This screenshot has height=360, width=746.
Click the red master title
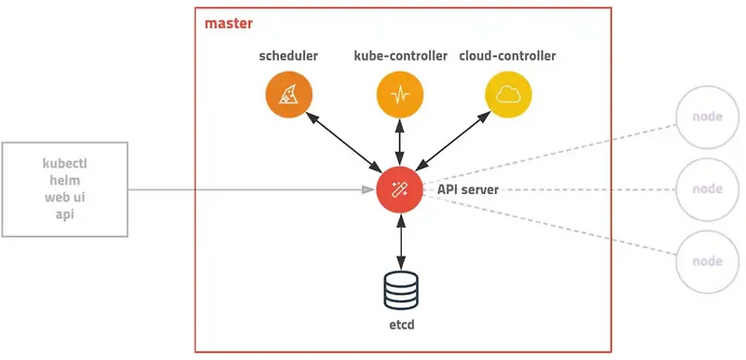228,22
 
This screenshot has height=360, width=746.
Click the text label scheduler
288,56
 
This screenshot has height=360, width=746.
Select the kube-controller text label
400,56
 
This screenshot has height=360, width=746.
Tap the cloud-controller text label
507,56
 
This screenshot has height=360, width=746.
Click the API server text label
468,189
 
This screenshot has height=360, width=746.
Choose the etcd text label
400,327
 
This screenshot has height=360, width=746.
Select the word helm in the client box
65,180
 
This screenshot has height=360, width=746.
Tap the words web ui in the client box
65,198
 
